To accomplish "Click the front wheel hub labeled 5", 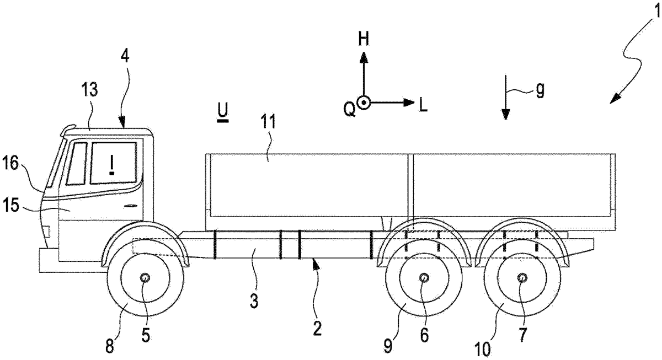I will (x=145, y=278).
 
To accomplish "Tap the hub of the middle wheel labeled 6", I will (x=424, y=278).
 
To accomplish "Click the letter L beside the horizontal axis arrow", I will (x=423, y=105).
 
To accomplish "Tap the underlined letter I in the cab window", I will (x=113, y=164).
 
